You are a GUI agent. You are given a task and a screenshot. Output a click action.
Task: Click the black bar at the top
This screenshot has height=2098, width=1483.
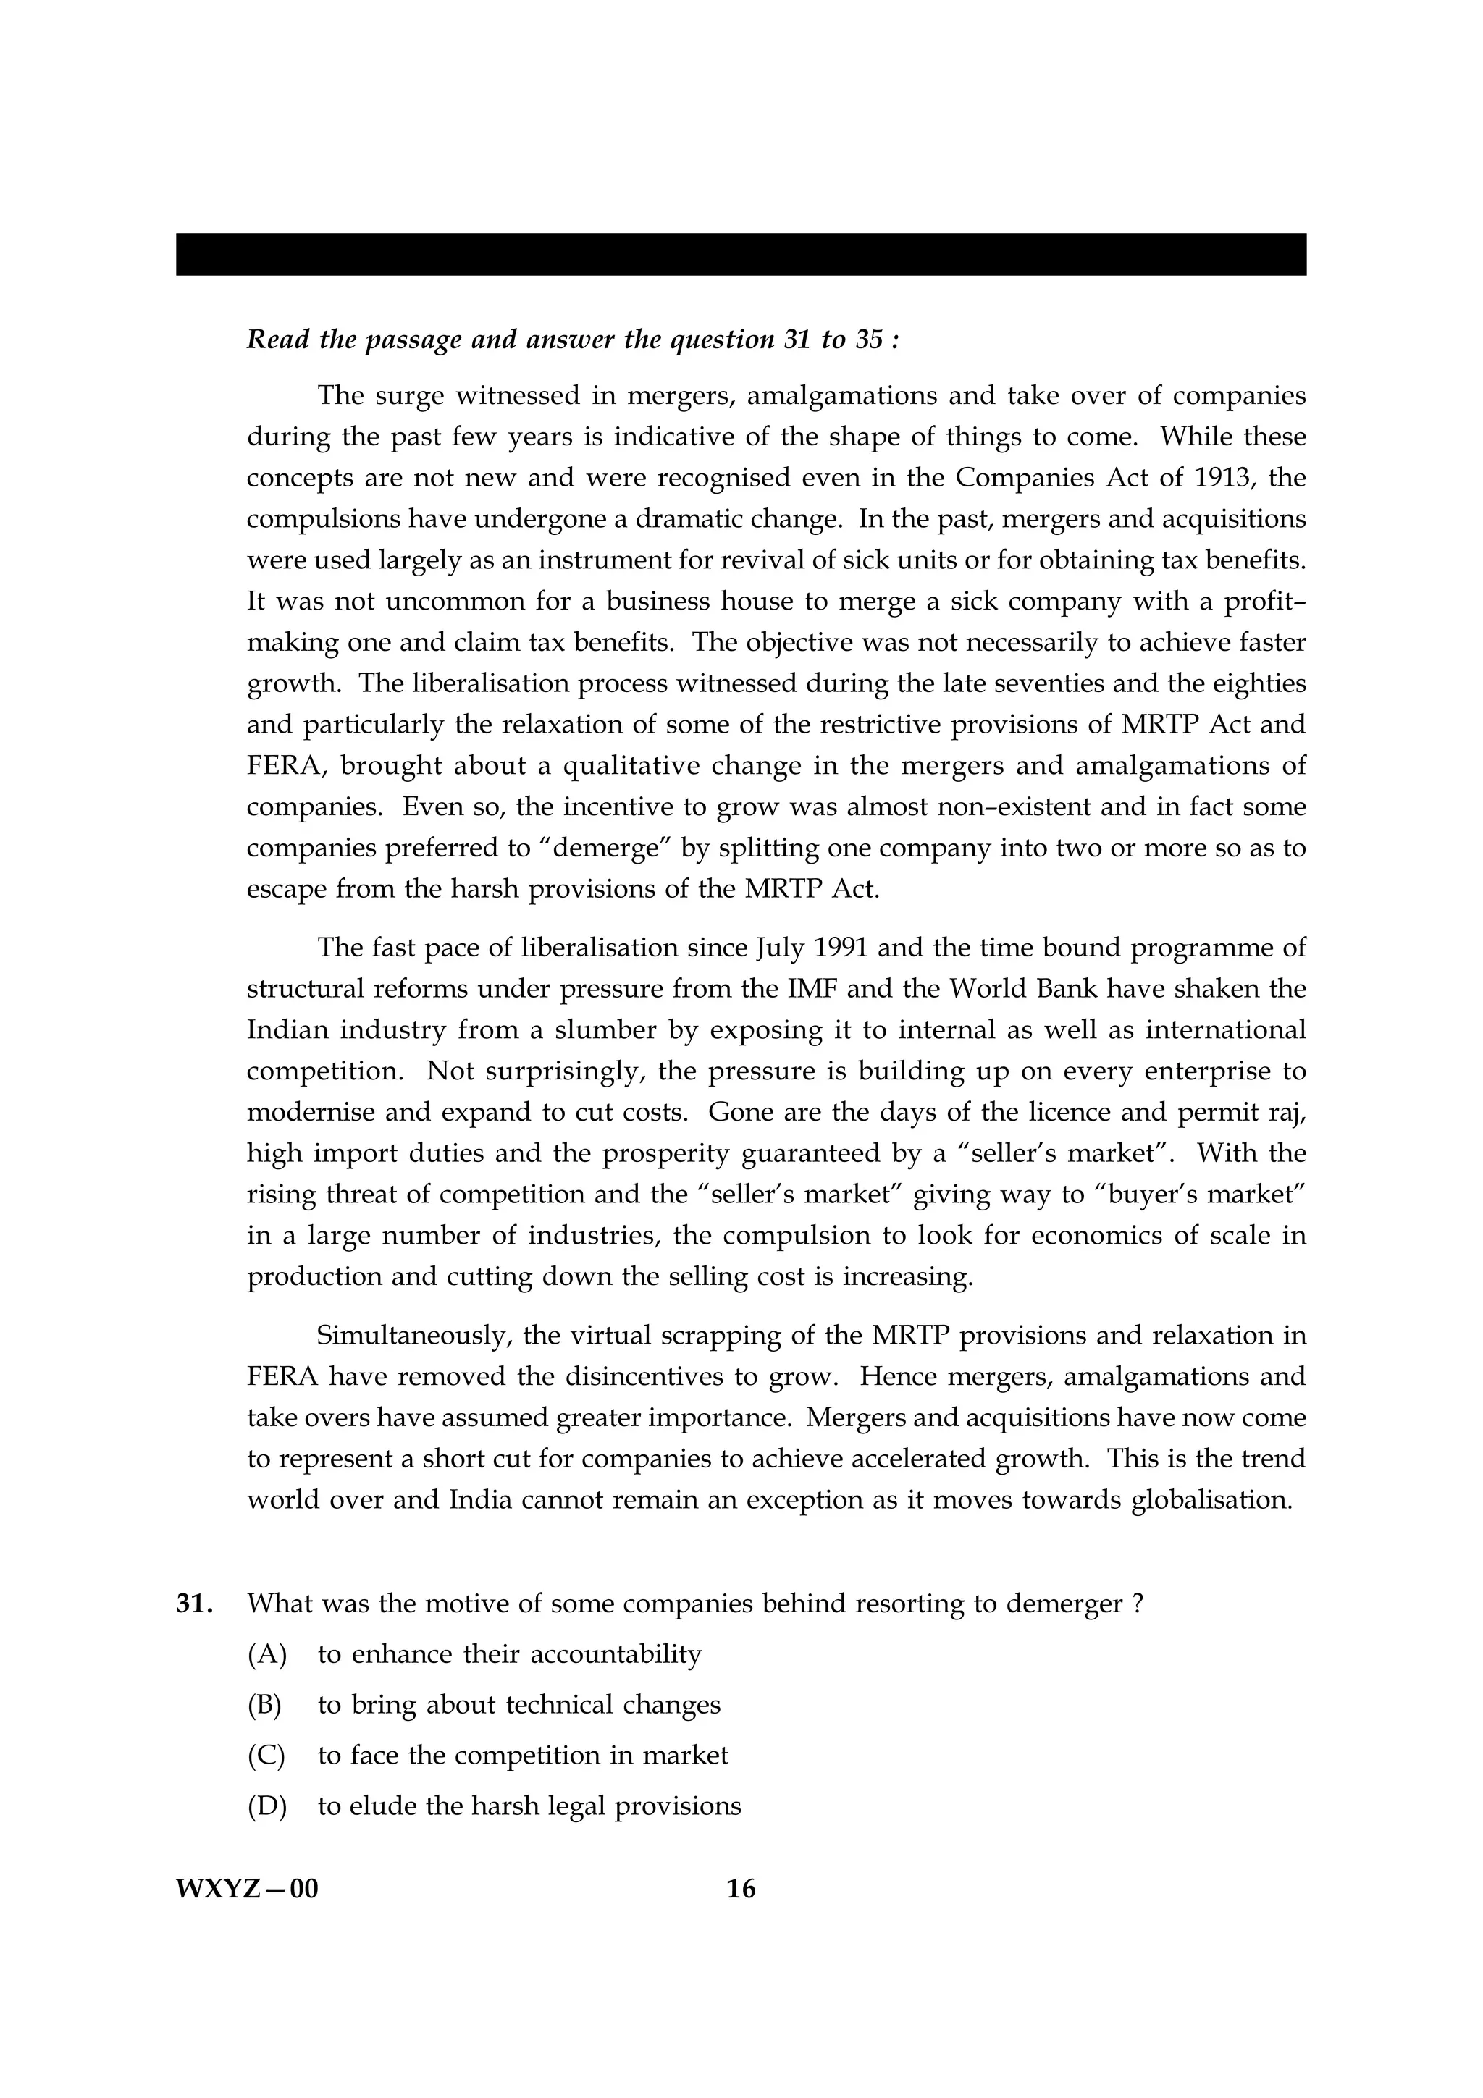click(x=741, y=254)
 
